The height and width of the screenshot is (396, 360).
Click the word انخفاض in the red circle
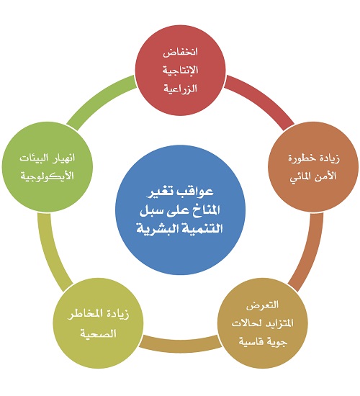click(x=180, y=53)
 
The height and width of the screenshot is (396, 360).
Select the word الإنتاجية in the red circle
click(x=180, y=70)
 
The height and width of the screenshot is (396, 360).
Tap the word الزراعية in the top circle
click(x=180, y=89)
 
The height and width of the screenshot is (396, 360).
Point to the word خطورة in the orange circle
click(x=300, y=158)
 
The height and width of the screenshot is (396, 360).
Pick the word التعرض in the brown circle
click(x=263, y=305)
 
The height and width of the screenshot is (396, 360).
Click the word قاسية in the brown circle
click(x=250, y=341)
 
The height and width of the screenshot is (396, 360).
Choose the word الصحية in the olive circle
click(x=98, y=333)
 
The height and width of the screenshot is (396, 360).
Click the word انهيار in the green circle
click(x=63, y=158)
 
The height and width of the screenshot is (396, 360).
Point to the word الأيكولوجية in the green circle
click(x=48, y=176)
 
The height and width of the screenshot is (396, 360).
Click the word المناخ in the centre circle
click(x=205, y=210)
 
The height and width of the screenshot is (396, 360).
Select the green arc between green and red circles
click(x=98, y=97)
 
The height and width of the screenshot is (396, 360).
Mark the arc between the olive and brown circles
click(x=180, y=344)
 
